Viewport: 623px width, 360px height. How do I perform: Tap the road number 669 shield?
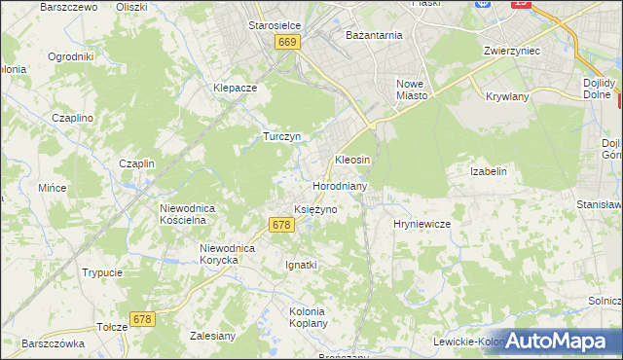coord(286,43)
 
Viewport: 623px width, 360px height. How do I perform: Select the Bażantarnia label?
coord(374,35)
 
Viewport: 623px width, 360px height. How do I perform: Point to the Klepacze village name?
coord(235,87)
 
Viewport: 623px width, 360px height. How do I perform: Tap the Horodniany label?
coord(339,185)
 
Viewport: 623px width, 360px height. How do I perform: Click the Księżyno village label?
coord(315,209)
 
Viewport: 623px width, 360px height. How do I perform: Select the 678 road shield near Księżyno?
coord(280,225)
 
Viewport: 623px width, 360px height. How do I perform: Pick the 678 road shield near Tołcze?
coord(143,319)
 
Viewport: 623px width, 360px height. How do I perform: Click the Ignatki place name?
coord(301,265)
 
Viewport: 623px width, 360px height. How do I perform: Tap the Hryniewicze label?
coord(421,224)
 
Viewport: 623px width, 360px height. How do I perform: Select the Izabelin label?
coord(489,171)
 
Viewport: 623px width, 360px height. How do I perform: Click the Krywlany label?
coord(506,97)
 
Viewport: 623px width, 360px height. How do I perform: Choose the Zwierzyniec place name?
coord(511,50)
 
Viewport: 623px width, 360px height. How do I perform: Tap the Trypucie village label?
coord(102,273)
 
